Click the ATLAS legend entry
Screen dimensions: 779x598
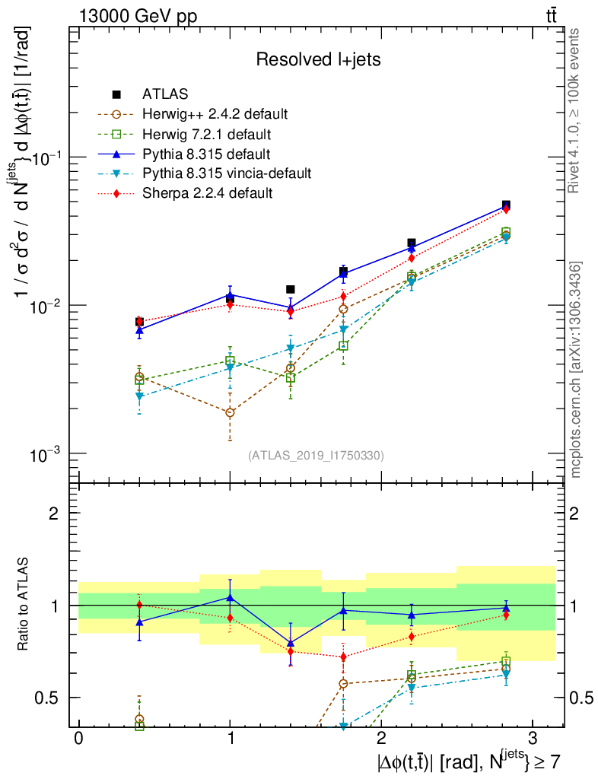165,94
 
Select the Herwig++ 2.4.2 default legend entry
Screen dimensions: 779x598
215,114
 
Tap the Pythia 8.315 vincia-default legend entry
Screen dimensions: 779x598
227,173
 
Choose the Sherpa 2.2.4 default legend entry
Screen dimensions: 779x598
207,193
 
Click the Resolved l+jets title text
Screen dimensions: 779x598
318,59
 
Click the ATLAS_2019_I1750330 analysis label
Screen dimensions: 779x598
316,456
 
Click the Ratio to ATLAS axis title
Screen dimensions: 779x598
25,606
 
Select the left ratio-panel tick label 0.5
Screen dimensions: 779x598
49,698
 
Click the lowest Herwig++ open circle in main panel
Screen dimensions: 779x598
230,413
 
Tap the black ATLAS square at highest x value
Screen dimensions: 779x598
506,205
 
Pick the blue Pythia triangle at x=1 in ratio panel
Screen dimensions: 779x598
230,597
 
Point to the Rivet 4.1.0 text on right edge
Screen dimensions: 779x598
577,110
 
